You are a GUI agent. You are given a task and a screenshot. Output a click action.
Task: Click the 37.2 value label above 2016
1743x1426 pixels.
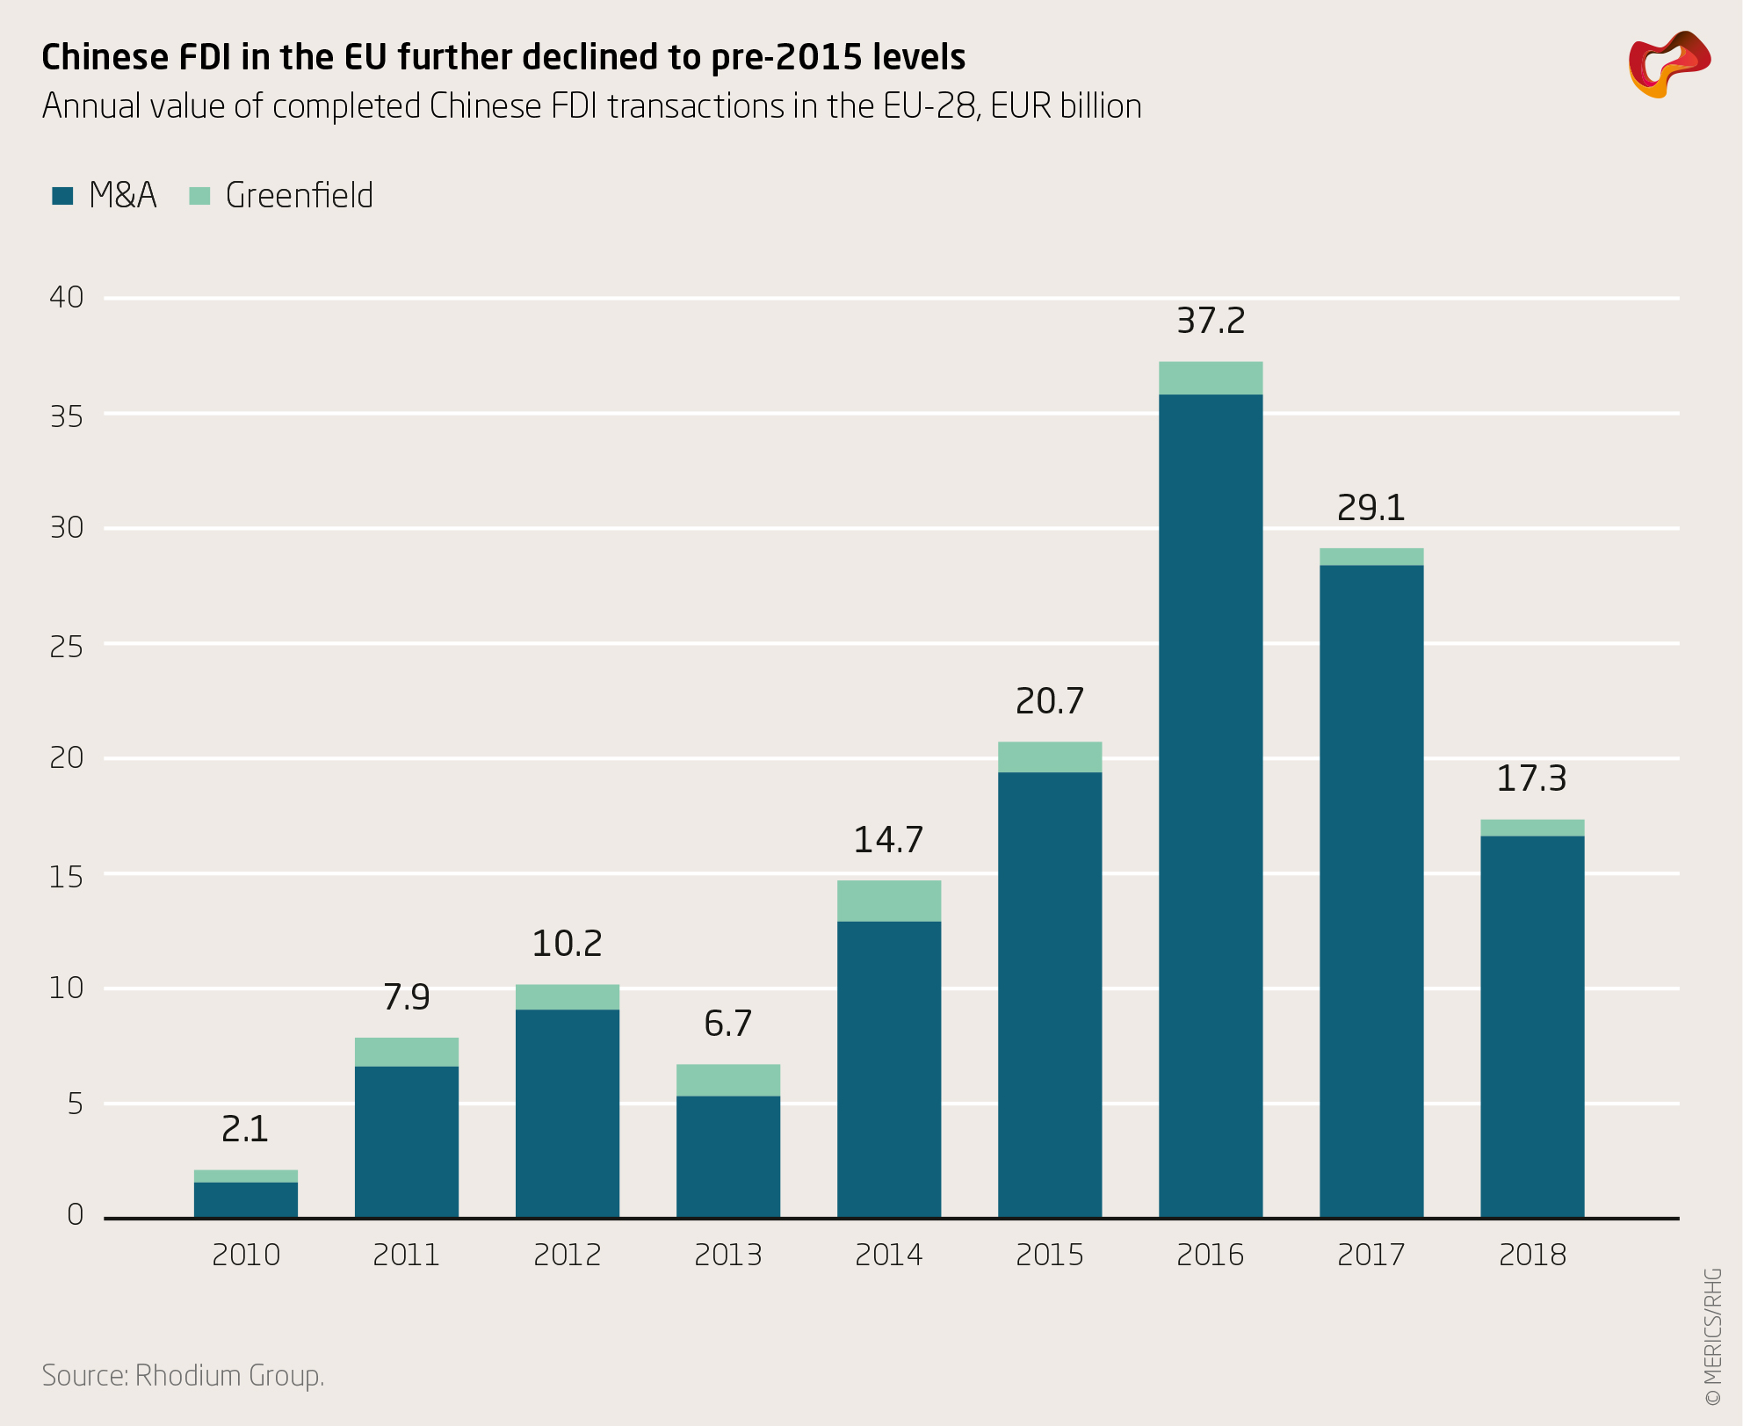tap(1211, 322)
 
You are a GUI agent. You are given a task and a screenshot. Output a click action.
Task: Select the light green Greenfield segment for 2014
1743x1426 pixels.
tap(889, 901)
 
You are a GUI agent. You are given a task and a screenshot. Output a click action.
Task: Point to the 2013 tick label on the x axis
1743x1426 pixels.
tap(727, 1255)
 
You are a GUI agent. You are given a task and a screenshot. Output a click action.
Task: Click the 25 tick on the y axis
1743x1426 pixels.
tap(67, 647)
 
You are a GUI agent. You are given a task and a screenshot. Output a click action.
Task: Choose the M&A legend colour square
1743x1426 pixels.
tap(62, 196)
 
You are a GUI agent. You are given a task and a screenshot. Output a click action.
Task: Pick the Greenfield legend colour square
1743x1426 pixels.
tap(200, 196)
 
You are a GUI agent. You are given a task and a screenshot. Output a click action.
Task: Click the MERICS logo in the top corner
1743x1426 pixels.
tap(1668, 64)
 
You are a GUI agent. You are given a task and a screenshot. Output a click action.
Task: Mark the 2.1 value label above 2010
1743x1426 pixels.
tap(245, 1129)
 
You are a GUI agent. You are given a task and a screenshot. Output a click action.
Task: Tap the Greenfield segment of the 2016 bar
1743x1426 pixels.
tap(1211, 378)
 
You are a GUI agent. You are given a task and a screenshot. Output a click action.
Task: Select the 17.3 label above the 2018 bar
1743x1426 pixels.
tap(1531, 778)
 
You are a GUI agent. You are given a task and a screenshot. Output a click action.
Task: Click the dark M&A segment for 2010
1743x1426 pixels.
tap(245, 1200)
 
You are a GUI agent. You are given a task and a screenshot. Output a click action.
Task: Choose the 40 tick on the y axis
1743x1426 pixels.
tap(67, 298)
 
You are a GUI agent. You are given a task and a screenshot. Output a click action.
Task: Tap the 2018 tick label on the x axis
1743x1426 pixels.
tap(1532, 1255)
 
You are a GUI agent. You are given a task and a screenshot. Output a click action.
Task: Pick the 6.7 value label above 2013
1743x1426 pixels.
tap(727, 1024)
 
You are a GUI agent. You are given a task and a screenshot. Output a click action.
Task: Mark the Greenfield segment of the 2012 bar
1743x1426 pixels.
tap(567, 997)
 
